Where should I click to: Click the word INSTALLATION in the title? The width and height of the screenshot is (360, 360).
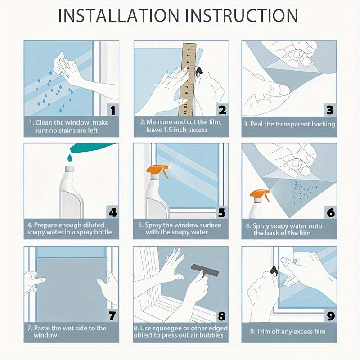click(x=118, y=16)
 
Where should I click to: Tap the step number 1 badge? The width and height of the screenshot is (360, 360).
click(x=113, y=110)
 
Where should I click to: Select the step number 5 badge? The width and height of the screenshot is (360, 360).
click(x=222, y=212)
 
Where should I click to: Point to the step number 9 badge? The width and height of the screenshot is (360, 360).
click(x=331, y=316)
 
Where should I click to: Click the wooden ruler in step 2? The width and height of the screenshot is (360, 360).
click(x=188, y=79)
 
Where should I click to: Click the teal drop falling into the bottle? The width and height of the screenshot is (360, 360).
click(x=70, y=158)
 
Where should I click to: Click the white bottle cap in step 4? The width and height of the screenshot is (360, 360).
click(x=69, y=170)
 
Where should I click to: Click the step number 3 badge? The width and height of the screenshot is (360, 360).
click(x=330, y=110)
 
